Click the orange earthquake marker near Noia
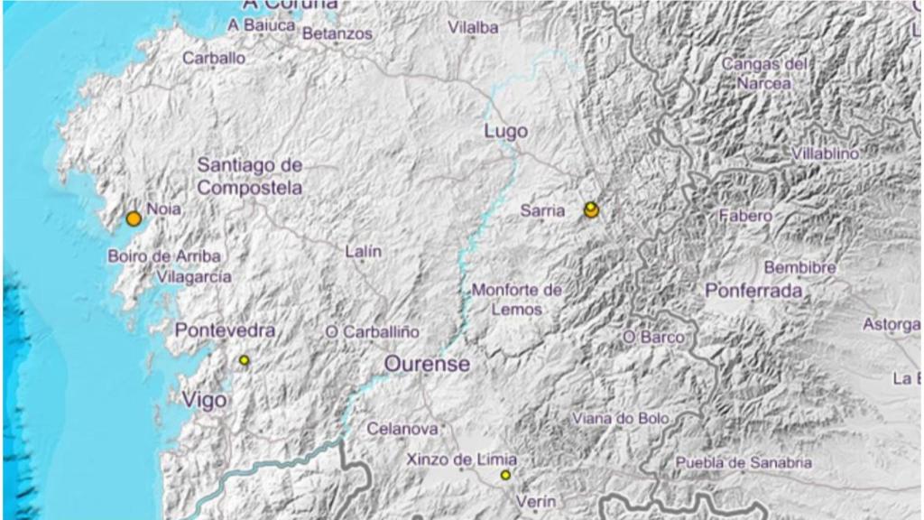click(134, 218)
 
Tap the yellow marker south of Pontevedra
click(244, 360)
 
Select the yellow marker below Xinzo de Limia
click(505, 475)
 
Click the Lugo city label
click(505, 131)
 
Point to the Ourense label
click(427, 364)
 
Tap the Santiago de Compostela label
click(250, 177)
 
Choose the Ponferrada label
click(753, 292)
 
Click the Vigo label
click(204, 399)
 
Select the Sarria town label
click(543, 211)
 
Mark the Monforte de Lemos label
click(516, 300)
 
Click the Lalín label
click(363, 252)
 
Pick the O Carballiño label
click(372, 332)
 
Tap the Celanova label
click(402, 429)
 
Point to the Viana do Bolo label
click(621, 419)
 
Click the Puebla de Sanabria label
click(744, 463)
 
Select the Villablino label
click(826, 153)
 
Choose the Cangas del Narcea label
click(763, 73)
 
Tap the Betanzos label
click(337, 33)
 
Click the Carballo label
click(214, 58)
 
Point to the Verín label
click(536, 501)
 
